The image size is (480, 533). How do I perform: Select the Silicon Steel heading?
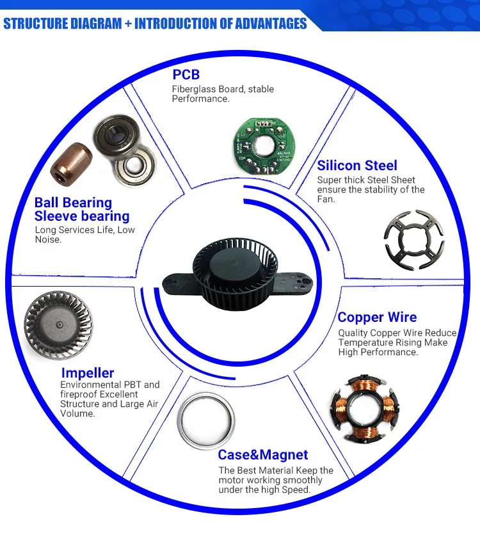coord(357,165)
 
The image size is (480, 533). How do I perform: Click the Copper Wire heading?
coord(377,317)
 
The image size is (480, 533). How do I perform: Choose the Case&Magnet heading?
coord(262,455)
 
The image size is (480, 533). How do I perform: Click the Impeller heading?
coord(88,372)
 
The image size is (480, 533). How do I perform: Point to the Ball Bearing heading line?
coord(73,203)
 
